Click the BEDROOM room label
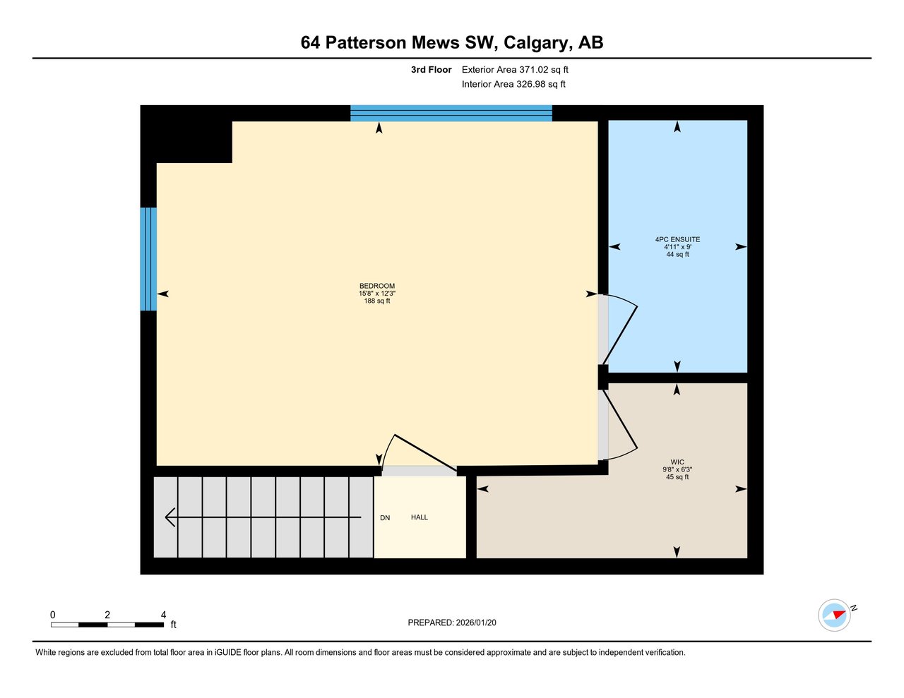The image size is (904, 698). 377,286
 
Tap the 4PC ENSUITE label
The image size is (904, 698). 677,239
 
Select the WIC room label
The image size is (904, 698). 677,462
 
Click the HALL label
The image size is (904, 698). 420,517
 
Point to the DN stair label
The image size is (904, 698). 385,518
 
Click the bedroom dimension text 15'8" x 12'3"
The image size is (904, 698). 377,294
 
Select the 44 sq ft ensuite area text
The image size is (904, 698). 677,254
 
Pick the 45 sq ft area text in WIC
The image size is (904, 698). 677,477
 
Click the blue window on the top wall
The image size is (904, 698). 451,113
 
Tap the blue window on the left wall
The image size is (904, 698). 148,259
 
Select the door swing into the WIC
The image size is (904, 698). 620,423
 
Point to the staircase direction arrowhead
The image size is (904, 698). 170,517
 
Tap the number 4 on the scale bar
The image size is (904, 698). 163,615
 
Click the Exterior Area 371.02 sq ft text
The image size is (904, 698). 515,70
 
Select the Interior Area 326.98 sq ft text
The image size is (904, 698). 513,84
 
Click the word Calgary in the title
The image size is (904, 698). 536,42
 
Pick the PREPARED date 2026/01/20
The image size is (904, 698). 476,622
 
